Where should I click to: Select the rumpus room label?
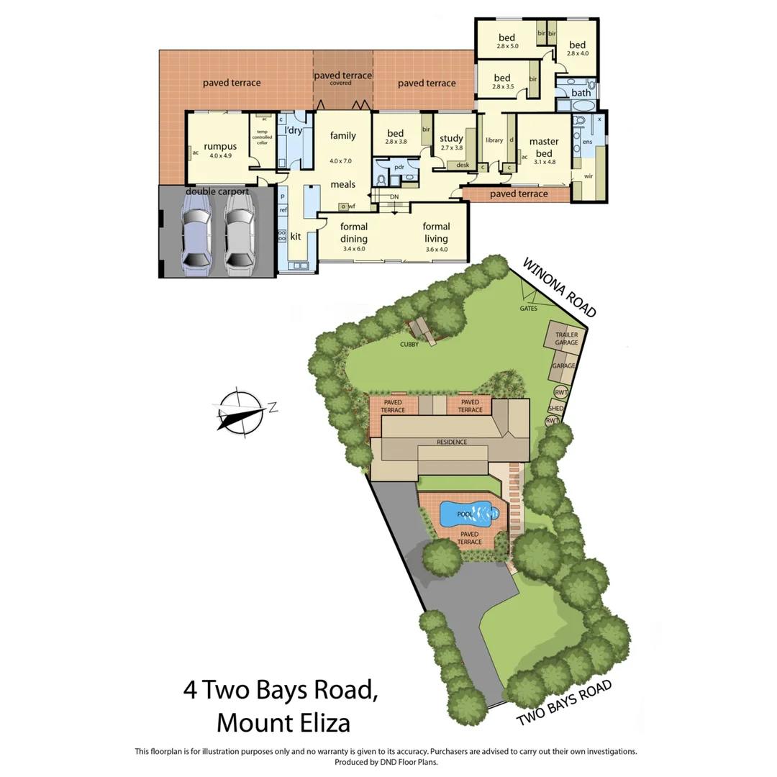tap(219, 146)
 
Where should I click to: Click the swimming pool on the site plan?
tap(468, 513)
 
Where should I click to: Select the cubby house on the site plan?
tap(422, 332)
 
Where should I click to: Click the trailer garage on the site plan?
tap(566, 339)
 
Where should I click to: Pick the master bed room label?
tap(544, 147)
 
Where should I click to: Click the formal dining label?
tap(354, 232)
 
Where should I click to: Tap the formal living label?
tap(436, 232)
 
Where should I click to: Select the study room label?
tap(451, 138)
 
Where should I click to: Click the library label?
tap(494, 140)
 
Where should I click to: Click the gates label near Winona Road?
tap(529, 309)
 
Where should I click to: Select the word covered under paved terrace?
tap(341, 83)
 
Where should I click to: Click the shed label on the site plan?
tap(556, 408)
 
